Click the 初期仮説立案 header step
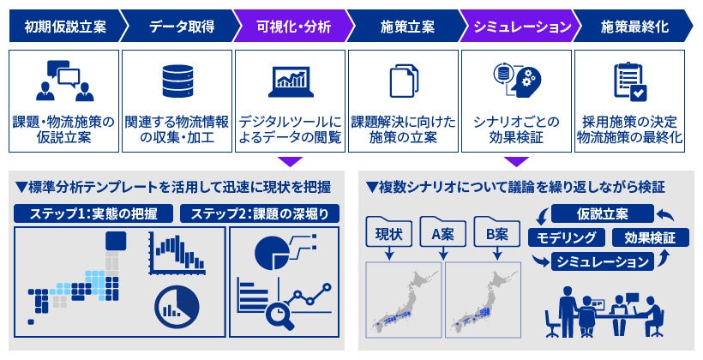[x=60, y=27]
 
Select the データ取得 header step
[x=176, y=27]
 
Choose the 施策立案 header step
[x=403, y=27]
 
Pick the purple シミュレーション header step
[x=518, y=27]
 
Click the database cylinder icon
[x=177, y=81]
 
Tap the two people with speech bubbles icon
[x=64, y=81]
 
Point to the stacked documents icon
[x=404, y=81]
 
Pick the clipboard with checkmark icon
[x=630, y=81]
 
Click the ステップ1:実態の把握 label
[x=93, y=213]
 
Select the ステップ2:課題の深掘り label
[x=261, y=213]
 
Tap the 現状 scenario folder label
[x=390, y=233]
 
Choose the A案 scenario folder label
[x=443, y=233]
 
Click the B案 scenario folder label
[x=497, y=233]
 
